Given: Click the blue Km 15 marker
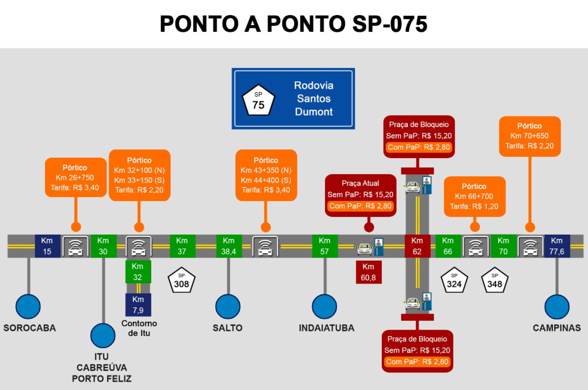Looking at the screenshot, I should coord(47,246).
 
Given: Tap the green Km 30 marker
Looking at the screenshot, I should coord(103,246).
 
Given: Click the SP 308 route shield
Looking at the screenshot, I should coord(181,281).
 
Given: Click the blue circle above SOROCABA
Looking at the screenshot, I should coord(28,306).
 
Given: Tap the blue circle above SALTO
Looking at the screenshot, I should coord(228,307).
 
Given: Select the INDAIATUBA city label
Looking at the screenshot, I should coord(326,328).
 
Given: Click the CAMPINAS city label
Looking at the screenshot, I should coord(557,328).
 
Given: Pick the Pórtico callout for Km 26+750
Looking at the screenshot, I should coord(74,177).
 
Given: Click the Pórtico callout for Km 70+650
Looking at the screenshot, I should coord(530,136).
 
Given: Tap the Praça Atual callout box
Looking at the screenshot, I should coord(360,195).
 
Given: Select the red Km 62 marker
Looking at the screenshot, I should coord(417,246).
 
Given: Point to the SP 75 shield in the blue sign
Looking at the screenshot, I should coord(258,99).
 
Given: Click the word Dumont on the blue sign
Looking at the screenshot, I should coord(314,112).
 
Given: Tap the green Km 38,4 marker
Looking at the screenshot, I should coord(228,246).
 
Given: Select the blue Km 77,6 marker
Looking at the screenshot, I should coord(557,246).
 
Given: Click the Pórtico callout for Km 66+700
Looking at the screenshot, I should coord(474,196).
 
